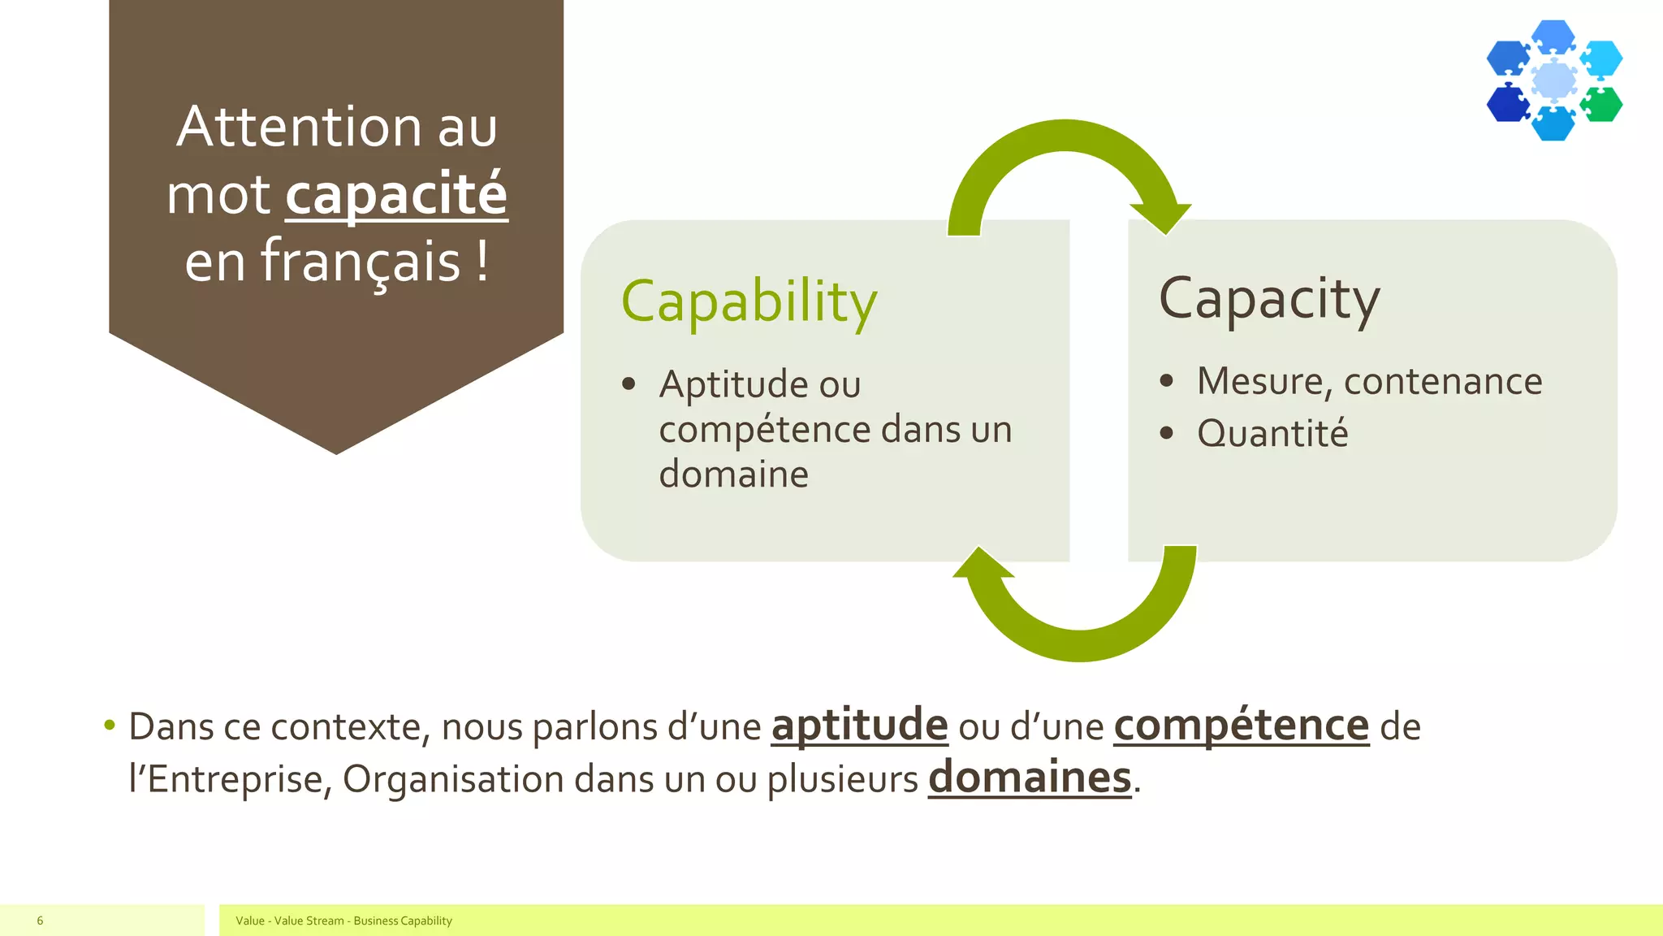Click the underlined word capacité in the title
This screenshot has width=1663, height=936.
click(396, 195)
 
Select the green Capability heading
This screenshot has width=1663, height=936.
click(749, 301)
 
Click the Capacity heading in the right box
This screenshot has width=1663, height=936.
click(1268, 300)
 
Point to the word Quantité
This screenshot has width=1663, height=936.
click(1272, 433)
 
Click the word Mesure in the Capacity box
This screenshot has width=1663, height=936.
click(1264, 381)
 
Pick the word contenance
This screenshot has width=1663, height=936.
click(1443, 381)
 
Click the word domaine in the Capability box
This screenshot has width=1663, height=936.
click(733, 474)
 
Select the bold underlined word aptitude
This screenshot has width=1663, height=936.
click(859, 726)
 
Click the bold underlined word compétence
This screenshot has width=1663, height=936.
click(1241, 726)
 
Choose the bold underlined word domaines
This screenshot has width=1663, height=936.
click(1030, 778)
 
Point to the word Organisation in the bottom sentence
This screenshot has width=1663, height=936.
click(453, 779)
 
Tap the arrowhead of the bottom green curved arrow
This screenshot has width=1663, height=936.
click(983, 563)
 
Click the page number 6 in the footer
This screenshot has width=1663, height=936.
click(40, 921)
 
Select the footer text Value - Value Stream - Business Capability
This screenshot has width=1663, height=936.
click(343, 921)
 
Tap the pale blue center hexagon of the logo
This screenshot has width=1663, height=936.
click(1554, 80)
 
